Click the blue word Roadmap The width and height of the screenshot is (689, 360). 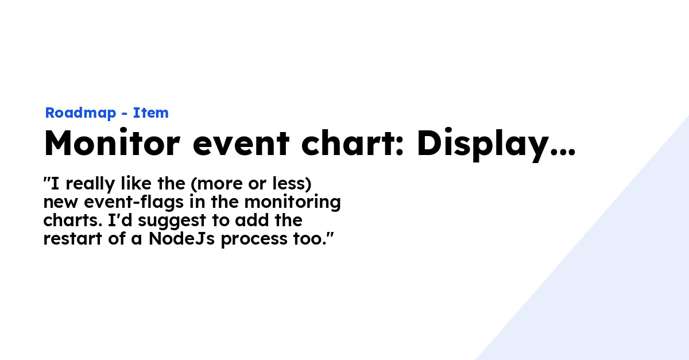point(80,113)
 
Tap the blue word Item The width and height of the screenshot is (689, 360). point(150,113)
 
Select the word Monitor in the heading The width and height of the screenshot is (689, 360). point(112,143)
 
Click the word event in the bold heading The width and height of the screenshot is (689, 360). point(241,145)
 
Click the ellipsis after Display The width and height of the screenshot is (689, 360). point(563,152)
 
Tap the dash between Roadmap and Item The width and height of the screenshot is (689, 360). point(124,114)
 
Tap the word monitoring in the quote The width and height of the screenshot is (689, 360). point(292,203)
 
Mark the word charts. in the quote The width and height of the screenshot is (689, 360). point(73,220)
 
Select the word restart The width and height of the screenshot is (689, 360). point(72,239)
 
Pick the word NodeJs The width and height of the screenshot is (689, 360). point(181,239)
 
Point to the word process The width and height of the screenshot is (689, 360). point(254,240)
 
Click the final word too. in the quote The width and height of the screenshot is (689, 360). point(309,239)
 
